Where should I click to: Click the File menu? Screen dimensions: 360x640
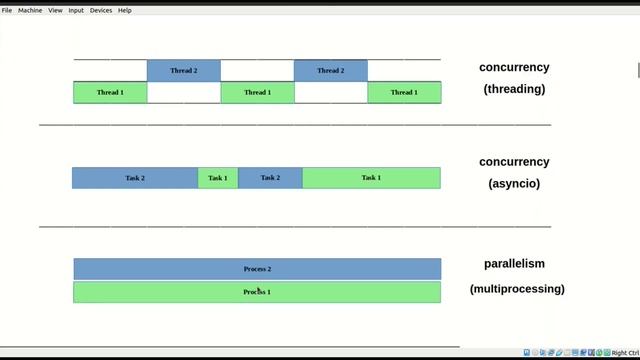pyautogui.click(x=7, y=10)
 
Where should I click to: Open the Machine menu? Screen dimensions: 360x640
pyautogui.click(x=30, y=10)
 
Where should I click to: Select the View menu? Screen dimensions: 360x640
pyautogui.click(x=56, y=10)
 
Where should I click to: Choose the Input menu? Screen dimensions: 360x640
pyautogui.click(x=76, y=10)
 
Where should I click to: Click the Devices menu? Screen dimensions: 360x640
pyautogui.click(x=101, y=10)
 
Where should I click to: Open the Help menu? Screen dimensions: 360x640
pyautogui.click(x=125, y=10)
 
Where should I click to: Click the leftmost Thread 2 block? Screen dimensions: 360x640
pyautogui.click(x=183, y=71)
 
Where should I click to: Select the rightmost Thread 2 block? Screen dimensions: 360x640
pyautogui.click(x=330, y=71)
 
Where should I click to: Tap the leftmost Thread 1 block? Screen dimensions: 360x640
pyautogui.click(x=110, y=92)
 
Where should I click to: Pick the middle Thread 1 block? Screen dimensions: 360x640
pyautogui.click(x=257, y=92)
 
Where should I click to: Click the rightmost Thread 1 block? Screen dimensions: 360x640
pyautogui.click(x=404, y=92)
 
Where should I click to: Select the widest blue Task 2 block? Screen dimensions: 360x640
pyautogui.click(x=135, y=178)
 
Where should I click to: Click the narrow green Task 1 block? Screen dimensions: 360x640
pyautogui.click(x=218, y=178)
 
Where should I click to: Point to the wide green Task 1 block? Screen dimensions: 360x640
pyautogui.click(x=371, y=178)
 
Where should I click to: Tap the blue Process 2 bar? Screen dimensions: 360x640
pyautogui.click(x=257, y=269)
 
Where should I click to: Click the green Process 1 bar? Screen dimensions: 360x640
pyautogui.click(x=257, y=292)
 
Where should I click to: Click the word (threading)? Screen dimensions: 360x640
pyautogui.click(x=514, y=89)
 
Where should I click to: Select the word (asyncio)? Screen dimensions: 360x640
pyautogui.click(x=514, y=184)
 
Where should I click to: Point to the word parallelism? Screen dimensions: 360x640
pyautogui.click(x=514, y=264)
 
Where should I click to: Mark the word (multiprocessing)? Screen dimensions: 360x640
pyautogui.click(x=517, y=289)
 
